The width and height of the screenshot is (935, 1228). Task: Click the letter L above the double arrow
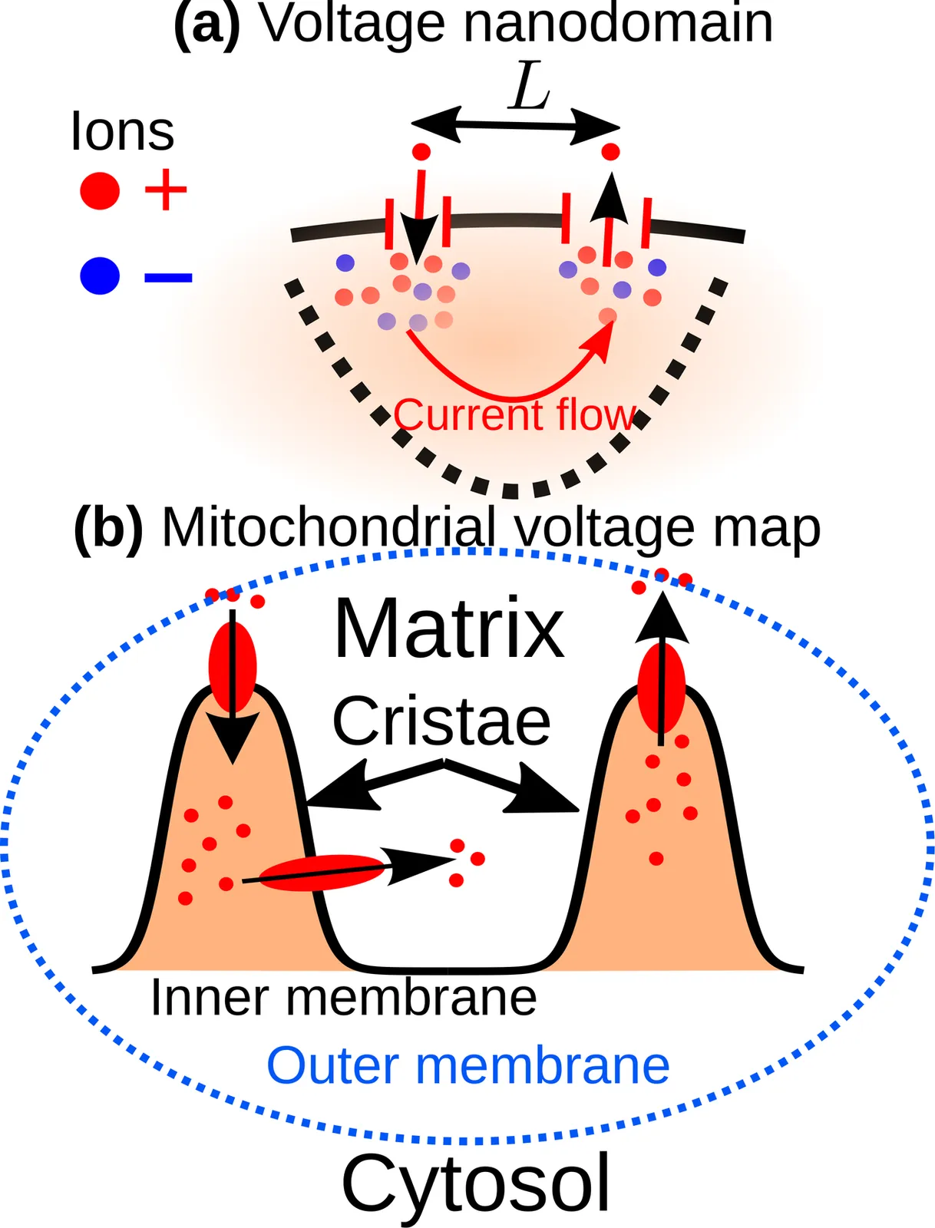pos(530,91)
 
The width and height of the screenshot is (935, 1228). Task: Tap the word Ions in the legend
pos(123,131)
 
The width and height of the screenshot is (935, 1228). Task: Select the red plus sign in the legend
pos(166,190)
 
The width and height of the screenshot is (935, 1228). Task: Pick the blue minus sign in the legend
pos(168,277)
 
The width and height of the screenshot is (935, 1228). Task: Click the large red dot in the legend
pos(100,191)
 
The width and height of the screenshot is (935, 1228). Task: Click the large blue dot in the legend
pos(100,276)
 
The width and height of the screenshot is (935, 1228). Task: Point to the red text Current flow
pos(515,415)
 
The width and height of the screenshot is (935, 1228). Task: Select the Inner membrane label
pos(344,997)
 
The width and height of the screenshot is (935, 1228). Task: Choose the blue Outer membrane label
pos(467,1065)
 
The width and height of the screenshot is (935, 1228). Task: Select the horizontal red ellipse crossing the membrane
pos(322,872)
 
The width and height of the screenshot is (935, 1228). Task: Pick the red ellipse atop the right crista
pos(662,688)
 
